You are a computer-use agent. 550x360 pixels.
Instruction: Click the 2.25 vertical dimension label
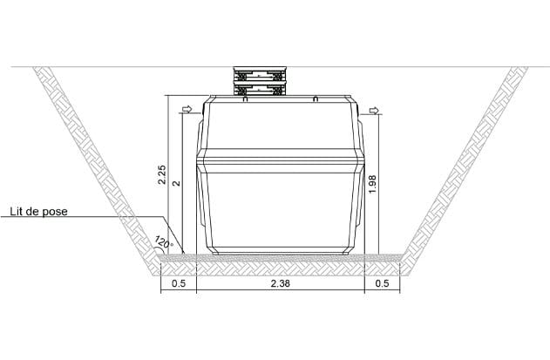tap(162, 174)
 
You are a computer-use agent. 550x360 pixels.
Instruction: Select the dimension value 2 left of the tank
tap(177, 183)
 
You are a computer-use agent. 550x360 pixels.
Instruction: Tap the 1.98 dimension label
tap(372, 184)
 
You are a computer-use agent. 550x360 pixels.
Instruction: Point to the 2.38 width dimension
tap(281, 283)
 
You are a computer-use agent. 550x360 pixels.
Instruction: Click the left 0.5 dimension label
tap(178, 283)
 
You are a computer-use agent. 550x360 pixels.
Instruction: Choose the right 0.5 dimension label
tap(382, 283)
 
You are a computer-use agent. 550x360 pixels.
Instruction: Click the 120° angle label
tap(164, 241)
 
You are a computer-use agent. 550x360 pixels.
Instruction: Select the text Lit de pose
tap(38, 212)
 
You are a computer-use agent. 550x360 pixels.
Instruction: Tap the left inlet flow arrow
tap(187, 109)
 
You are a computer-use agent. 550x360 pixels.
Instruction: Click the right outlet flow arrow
tap(374, 111)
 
